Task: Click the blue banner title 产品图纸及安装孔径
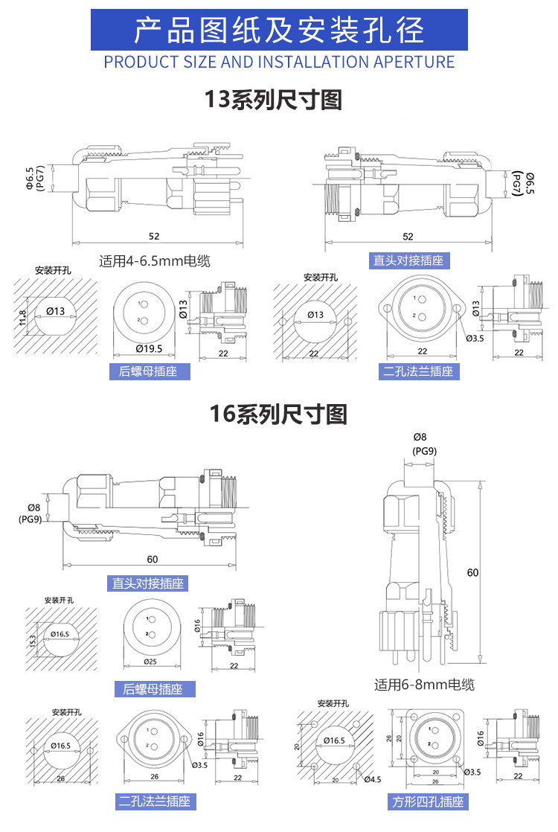(x=279, y=31)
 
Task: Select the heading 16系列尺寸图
(x=278, y=415)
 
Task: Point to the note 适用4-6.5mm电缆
(x=155, y=261)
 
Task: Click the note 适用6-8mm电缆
(x=424, y=685)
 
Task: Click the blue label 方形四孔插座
(x=429, y=801)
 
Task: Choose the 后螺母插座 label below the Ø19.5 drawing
(x=148, y=371)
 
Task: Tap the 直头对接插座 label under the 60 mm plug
(x=148, y=583)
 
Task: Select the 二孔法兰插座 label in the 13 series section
(x=418, y=371)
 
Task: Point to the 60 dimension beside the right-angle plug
(x=473, y=572)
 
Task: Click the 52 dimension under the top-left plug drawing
(x=154, y=236)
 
